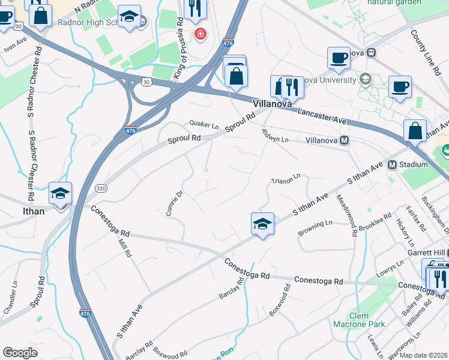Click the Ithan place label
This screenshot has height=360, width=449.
point(34,211)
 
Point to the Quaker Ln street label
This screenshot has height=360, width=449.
point(204,125)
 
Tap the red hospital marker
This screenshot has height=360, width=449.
point(200,34)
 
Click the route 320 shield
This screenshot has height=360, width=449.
point(100,187)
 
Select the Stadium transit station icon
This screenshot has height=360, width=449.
point(392,164)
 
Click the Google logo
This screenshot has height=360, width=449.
point(20,353)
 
